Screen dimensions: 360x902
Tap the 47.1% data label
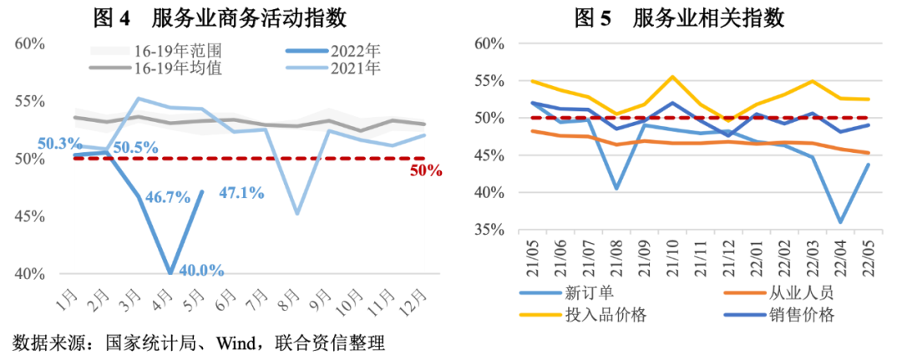241,193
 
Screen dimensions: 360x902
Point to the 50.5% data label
135,147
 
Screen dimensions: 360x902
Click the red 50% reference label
426,172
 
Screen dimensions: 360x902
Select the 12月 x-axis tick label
423,296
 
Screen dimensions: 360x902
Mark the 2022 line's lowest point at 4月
170,273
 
